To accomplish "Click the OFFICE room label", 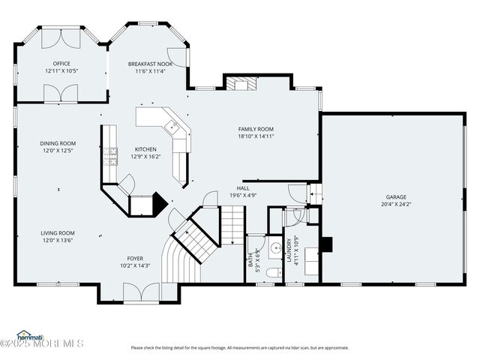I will click(61, 64).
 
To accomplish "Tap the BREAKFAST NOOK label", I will click(150, 64).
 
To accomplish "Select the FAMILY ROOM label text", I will click(256, 129).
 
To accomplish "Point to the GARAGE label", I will click(396, 196).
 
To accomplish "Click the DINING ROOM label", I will click(58, 143).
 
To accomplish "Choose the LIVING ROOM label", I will click(58, 233).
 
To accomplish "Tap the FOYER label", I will click(134, 258).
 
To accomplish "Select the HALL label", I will click(243, 188).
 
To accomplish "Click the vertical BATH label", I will click(250, 259).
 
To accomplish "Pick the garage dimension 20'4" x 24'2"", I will click(396, 204).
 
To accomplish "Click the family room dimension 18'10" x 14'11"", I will click(256, 136).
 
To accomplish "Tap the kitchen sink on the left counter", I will click(112, 155).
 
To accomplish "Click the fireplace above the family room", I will click(241, 83).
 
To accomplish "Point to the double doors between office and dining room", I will click(61, 94).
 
